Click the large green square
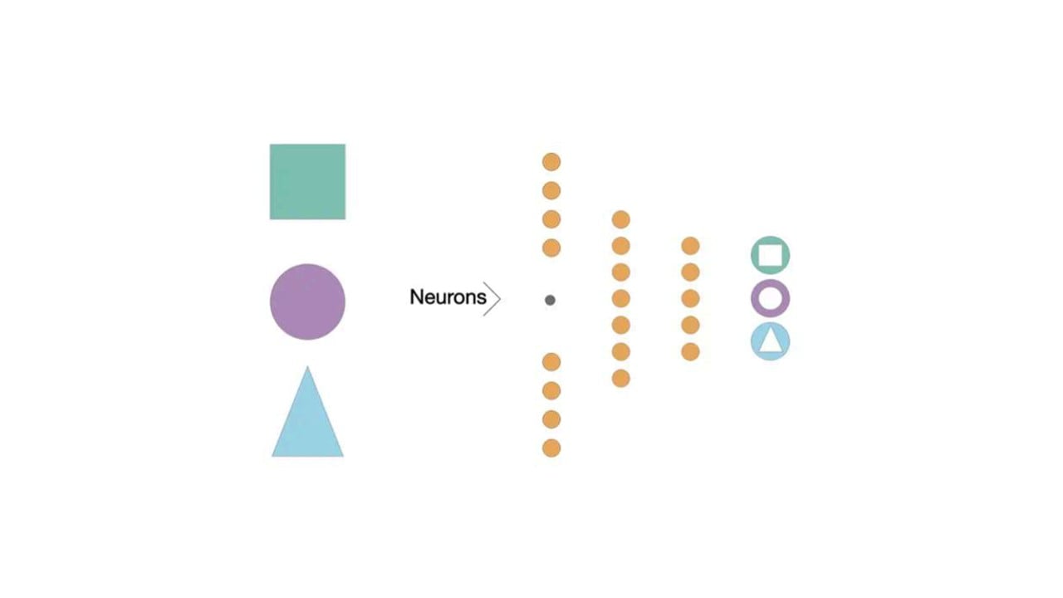pyautogui.click(x=307, y=182)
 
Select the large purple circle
pyautogui.click(x=307, y=301)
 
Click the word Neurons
pyautogui.click(x=448, y=297)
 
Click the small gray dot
pyautogui.click(x=550, y=300)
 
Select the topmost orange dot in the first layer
pyautogui.click(x=551, y=162)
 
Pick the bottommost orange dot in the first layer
pyautogui.click(x=551, y=448)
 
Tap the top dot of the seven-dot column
pyautogui.click(x=620, y=219)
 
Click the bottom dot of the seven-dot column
pyautogui.click(x=620, y=379)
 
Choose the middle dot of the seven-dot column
pyautogui.click(x=620, y=299)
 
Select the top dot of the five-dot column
pyautogui.click(x=690, y=246)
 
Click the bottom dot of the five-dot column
pyautogui.click(x=690, y=352)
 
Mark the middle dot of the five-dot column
pyautogui.click(x=690, y=299)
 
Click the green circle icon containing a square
pyautogui.click(x=771, y=255)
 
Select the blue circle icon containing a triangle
pyautogui.click(x=771, y=341)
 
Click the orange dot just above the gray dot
pyautogui.click(x=551, y=248)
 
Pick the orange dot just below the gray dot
pyautogui.click(x=551, y=362)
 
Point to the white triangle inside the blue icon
pyautogui.click(x=771, y=342)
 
